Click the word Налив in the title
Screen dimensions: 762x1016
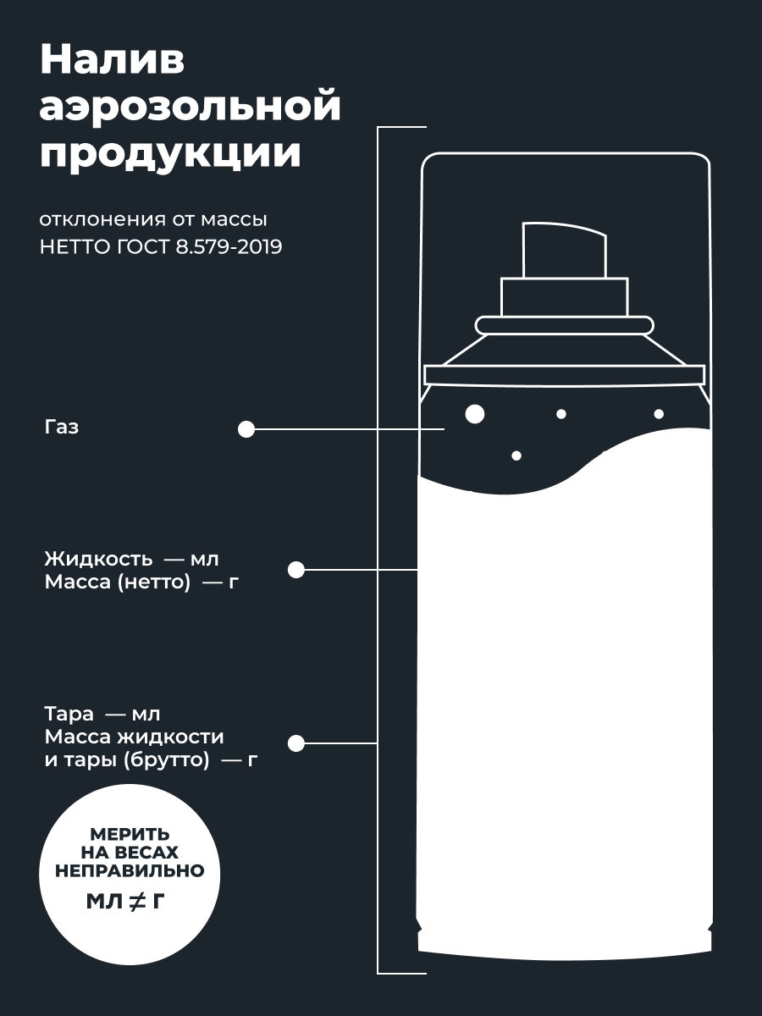coord(113,60)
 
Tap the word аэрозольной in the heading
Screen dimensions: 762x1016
coord(190,107)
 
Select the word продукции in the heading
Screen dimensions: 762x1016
coord(170,153)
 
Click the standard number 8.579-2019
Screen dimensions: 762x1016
coord(229,247)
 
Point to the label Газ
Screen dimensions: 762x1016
coord(62,427)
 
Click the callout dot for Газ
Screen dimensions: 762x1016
coord(246,429)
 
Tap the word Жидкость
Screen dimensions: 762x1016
coord(98,559)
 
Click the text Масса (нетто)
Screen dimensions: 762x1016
coord(118,582)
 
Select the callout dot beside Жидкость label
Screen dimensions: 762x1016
coord(296,570)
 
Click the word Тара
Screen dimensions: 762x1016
coord(69,715)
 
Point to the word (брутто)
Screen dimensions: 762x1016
coord(166,760)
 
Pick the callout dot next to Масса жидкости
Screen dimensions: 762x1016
coord(296,744)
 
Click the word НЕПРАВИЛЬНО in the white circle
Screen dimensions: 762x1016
coord(130,870)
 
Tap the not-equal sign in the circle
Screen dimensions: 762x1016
coord(138,901)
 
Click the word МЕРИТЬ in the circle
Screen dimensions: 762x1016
coord(130,835)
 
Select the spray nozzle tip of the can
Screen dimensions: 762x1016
coord(565,251)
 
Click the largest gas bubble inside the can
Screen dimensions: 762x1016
coord(475,414)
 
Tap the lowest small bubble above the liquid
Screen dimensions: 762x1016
coord(516,456)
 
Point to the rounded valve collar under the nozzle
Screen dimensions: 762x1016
coord(565,325)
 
